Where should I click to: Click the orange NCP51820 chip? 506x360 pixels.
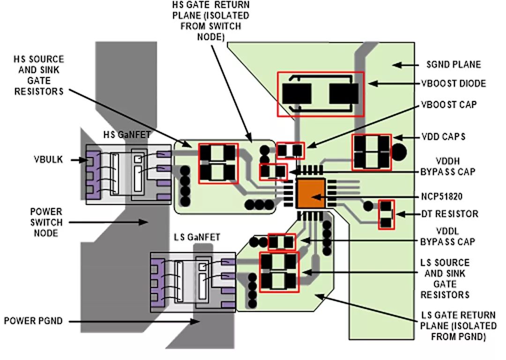click(310, 193)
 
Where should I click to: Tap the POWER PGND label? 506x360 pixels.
click(33, 321)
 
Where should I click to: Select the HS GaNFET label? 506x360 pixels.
click(126, 135)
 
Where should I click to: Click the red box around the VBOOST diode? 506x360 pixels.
click(320, 94)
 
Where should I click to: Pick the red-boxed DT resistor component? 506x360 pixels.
click(386, 214)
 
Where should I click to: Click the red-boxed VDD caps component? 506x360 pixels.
click(372, 152)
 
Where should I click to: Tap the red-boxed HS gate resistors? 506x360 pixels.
click(218, 162)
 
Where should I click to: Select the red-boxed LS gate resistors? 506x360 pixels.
click(279, 272)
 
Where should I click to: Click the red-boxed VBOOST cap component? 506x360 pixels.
click(290, 150)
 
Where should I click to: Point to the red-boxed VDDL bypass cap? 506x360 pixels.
click(281, 242)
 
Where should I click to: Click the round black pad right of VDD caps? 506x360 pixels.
click(399, 151)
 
